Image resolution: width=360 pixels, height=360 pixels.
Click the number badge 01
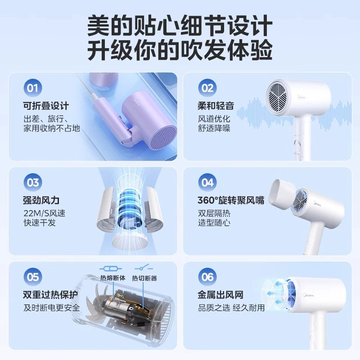pos(32,88)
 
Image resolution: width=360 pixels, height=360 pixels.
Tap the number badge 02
pos(208,88)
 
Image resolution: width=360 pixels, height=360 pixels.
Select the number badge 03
pos(32,182)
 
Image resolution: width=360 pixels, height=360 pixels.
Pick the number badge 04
pos(208,182)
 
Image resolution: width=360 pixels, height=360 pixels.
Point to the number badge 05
pos(32,277)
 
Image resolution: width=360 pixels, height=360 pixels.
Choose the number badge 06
pos(208,277)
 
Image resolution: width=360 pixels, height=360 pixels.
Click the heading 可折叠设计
pos(46,106)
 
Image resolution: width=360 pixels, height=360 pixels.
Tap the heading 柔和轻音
pos(216,106)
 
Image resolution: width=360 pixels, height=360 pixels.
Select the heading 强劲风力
pos(41,200)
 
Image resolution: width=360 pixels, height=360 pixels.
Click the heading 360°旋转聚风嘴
pos(231,200)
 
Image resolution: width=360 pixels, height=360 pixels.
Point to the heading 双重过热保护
pos(50,295)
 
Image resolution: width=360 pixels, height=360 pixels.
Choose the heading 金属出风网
pos(220,295)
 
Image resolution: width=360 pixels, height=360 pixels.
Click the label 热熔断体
pos(113,278)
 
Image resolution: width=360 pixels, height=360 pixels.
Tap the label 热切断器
pos(145,278)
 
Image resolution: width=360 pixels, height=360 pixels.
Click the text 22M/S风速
pos(44,213)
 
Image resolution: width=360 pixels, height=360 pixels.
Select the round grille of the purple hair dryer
pos(163,139)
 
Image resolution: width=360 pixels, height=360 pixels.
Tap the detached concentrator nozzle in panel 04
pos(283,193)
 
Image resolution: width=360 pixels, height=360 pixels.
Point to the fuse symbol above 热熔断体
pos(110,268)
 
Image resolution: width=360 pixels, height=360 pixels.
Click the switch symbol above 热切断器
pos(144,268)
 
